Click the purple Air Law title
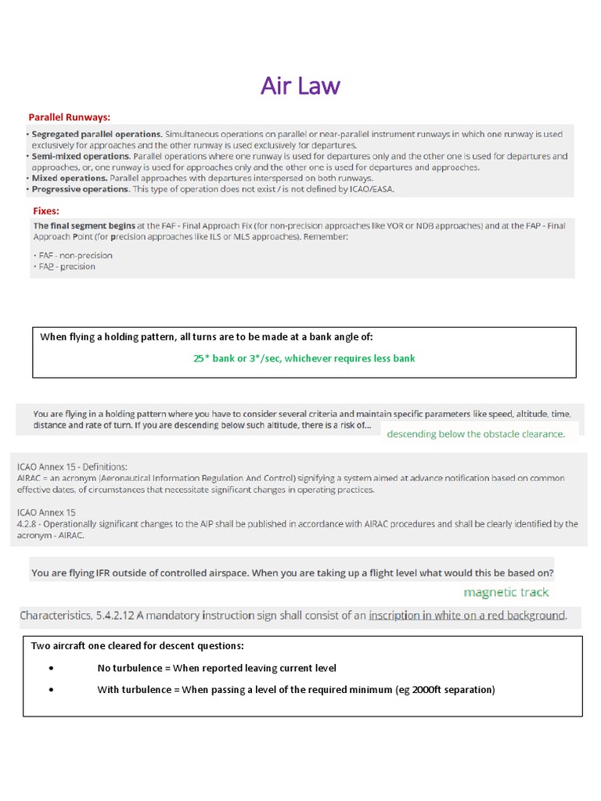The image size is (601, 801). coord(300,85)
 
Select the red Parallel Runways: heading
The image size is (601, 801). coord(70,117)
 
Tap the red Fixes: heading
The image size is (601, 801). coord(46,211)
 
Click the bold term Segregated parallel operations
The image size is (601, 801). coord(97,135)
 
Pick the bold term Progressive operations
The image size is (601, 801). coord(81,189)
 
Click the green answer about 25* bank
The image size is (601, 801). coord(304,358)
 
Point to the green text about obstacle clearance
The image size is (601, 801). coord(476,433)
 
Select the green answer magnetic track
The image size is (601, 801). coord(506,592)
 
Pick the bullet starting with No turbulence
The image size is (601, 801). coord(217,667)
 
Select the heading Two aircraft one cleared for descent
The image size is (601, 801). coord(137,645)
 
